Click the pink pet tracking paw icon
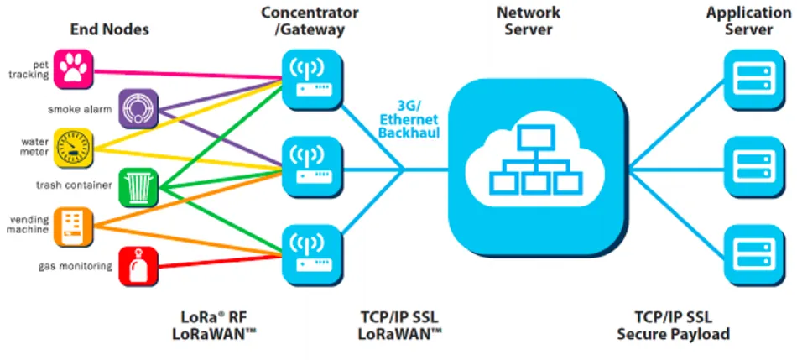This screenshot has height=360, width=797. [x=74, y=69]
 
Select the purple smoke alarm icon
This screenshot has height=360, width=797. [x=138, y=108]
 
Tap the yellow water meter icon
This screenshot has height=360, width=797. [x=74, y=148]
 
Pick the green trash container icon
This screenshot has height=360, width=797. [x=138, y=188]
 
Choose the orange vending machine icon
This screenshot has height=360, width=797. [x=74, y=227]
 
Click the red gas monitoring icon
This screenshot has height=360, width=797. [x=138, y=267]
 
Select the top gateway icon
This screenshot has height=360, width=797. [x=312, y=80]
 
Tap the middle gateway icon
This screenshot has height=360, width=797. [x=312, y=167]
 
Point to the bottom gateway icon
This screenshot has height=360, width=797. [x=312, y=255]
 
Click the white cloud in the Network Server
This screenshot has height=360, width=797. [x=536, y=162]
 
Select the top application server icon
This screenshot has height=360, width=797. [x=754, y=80]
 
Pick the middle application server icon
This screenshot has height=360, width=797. [x=754, y=167]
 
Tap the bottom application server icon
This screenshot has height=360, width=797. [x=754, y=255]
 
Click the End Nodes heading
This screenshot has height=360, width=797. [x=109, y=29]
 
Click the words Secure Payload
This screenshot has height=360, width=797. [x=674, y=334]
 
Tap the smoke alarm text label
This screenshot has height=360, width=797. [x=80, y=109]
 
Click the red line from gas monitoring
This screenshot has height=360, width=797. [x=220, y=261]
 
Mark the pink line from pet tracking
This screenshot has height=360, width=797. [x=188, y=75]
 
